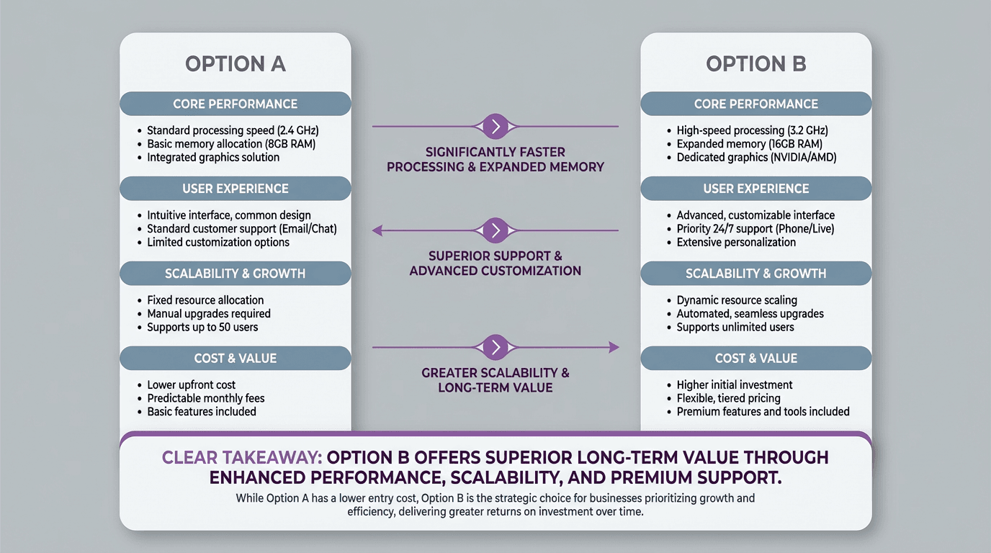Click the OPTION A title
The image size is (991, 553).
[236, 64]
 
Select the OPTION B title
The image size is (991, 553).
[755, 64]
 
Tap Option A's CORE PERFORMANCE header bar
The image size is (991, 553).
[236, 104]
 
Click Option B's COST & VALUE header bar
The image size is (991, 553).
[755, 358]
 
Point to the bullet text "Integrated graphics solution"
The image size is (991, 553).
[213, 157]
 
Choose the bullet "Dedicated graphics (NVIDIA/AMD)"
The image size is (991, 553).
[756, 157]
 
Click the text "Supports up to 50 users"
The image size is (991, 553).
[202, 327]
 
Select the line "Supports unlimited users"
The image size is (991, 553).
[735, 327]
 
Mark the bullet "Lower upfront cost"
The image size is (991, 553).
[191, 385]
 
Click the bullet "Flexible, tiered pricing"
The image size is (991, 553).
[728, 398]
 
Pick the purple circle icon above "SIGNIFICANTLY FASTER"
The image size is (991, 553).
[495, 127]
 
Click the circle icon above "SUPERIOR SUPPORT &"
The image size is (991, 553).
[495, 230]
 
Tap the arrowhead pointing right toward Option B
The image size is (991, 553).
[614, 347]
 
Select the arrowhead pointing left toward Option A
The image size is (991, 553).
[377, 230]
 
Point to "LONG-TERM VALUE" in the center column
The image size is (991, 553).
[495, 387]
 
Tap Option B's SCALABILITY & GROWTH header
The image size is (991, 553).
[755, 274]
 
